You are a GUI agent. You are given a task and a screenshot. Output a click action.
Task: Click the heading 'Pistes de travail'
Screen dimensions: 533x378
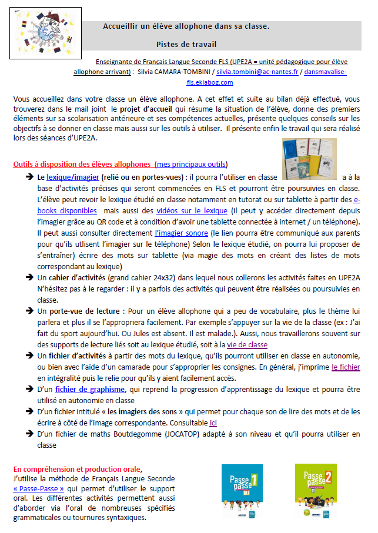coord(186,44)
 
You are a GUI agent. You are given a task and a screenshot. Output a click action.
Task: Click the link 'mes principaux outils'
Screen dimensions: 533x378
coord(190,164)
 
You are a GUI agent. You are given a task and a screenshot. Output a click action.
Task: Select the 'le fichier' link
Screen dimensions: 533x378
coord(346,367)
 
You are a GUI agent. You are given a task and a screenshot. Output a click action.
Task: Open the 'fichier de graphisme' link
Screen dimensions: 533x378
coord(90,389)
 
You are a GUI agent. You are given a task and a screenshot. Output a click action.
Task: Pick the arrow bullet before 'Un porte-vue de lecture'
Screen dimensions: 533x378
coord(28,311)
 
